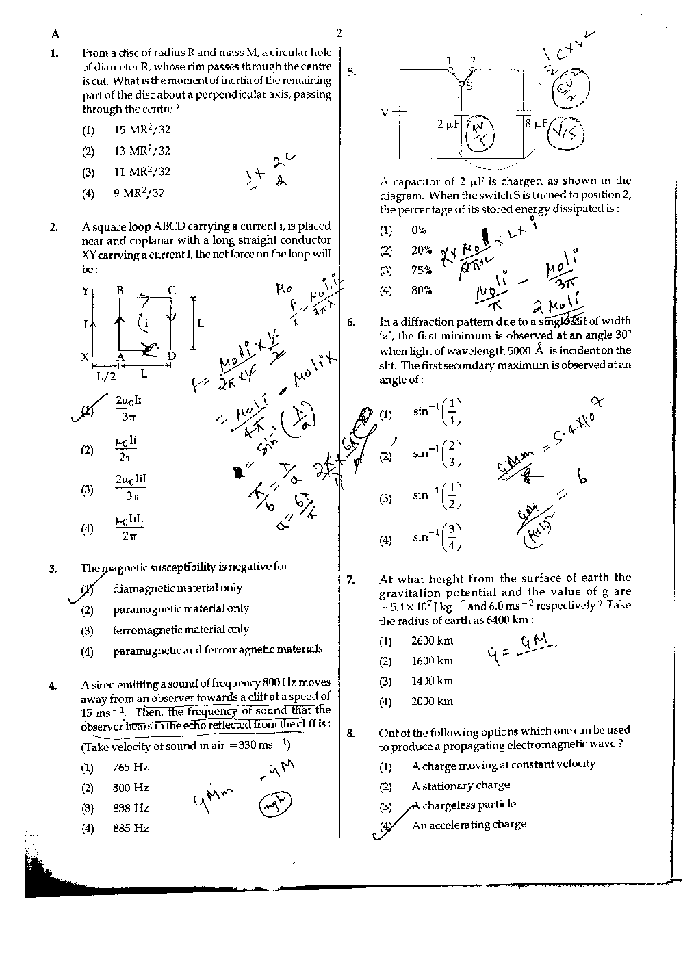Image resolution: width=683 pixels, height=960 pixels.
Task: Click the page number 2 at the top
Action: [x=339, y=33]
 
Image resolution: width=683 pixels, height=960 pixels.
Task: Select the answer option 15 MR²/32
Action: [x=142, y=130]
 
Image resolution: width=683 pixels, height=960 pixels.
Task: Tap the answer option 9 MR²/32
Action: [x=139, y=193]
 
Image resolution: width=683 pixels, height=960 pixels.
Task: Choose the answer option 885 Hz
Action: [x=131, y=828]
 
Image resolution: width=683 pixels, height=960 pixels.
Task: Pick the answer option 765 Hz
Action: [x=131, y=768]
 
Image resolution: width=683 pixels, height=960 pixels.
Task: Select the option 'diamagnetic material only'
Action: [x=177, y=588]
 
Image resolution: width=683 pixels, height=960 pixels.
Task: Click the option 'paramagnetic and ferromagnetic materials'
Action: [x=217, y=649]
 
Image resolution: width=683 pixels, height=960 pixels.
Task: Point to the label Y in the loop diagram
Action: [x=86, y=291]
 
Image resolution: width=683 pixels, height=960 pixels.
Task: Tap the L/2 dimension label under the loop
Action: [x=106, y=375]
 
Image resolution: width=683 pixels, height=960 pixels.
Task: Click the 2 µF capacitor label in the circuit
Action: [x=448, y=125]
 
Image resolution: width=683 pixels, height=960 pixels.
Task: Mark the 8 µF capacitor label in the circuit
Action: [x=536, y=124]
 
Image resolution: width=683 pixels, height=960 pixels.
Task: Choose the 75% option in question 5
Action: [x=421, y=270]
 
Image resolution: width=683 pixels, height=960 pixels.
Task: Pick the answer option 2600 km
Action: [x=432, y=641]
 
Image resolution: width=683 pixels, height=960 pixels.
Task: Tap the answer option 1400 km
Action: [x=432, y=681]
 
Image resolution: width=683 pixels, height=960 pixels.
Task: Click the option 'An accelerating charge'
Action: [x=469, y=825]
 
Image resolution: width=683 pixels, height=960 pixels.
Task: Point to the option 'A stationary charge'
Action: [x=461, y=786]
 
